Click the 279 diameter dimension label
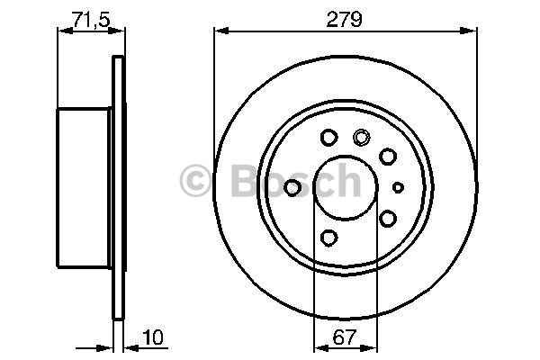click(x=344, y=19)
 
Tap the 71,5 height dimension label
click(x=91, y=19)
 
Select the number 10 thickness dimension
click(x=153, y=337)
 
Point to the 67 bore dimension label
click(x=344, y=337)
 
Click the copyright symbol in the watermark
click(x=195, y=180)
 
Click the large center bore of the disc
click(x=346, y=187)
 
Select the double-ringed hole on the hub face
click(x=361, y=137)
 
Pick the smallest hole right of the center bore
click(x=398, y=187)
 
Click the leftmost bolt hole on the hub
click(x=292, y=187)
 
